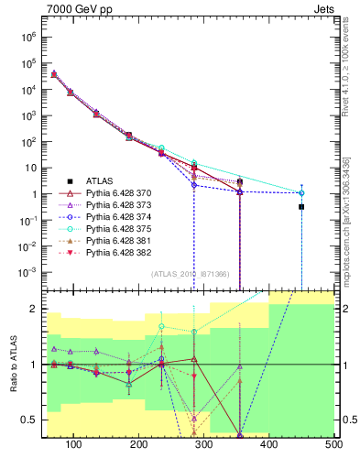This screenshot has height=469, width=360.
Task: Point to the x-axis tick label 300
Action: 203,444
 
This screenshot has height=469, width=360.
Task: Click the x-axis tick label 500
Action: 333,444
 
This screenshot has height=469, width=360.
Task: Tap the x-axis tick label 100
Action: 73,444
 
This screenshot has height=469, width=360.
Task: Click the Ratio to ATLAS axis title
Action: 13,365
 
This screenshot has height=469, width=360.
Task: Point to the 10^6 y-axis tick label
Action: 27,38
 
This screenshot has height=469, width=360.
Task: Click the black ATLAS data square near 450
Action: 301,207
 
